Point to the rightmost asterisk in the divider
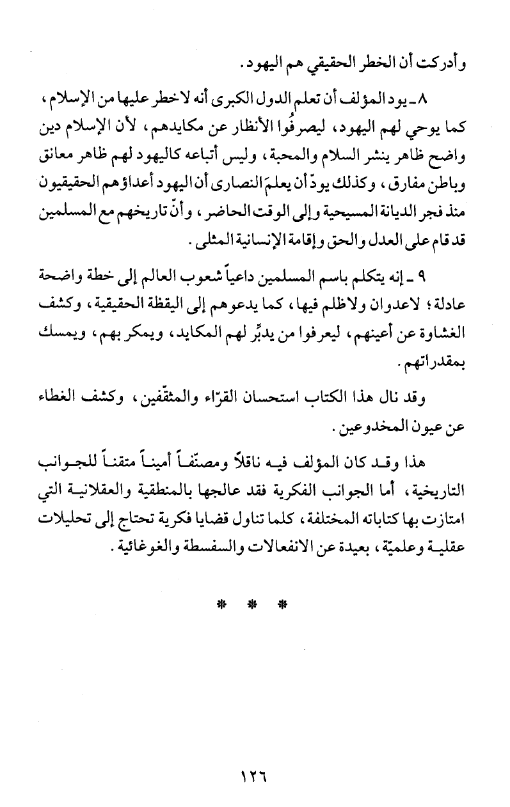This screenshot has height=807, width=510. [x=283, y=604]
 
